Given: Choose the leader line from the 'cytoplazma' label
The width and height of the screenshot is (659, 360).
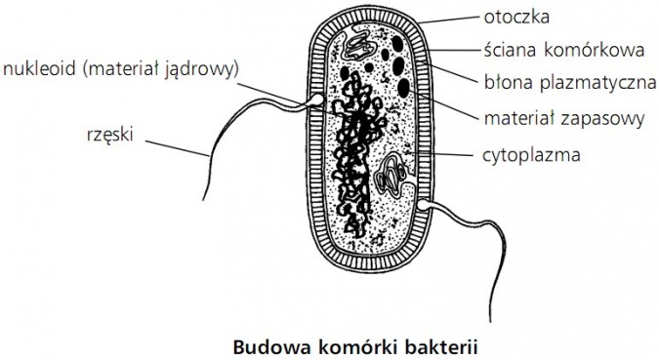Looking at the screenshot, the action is click(x=449, y=154).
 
